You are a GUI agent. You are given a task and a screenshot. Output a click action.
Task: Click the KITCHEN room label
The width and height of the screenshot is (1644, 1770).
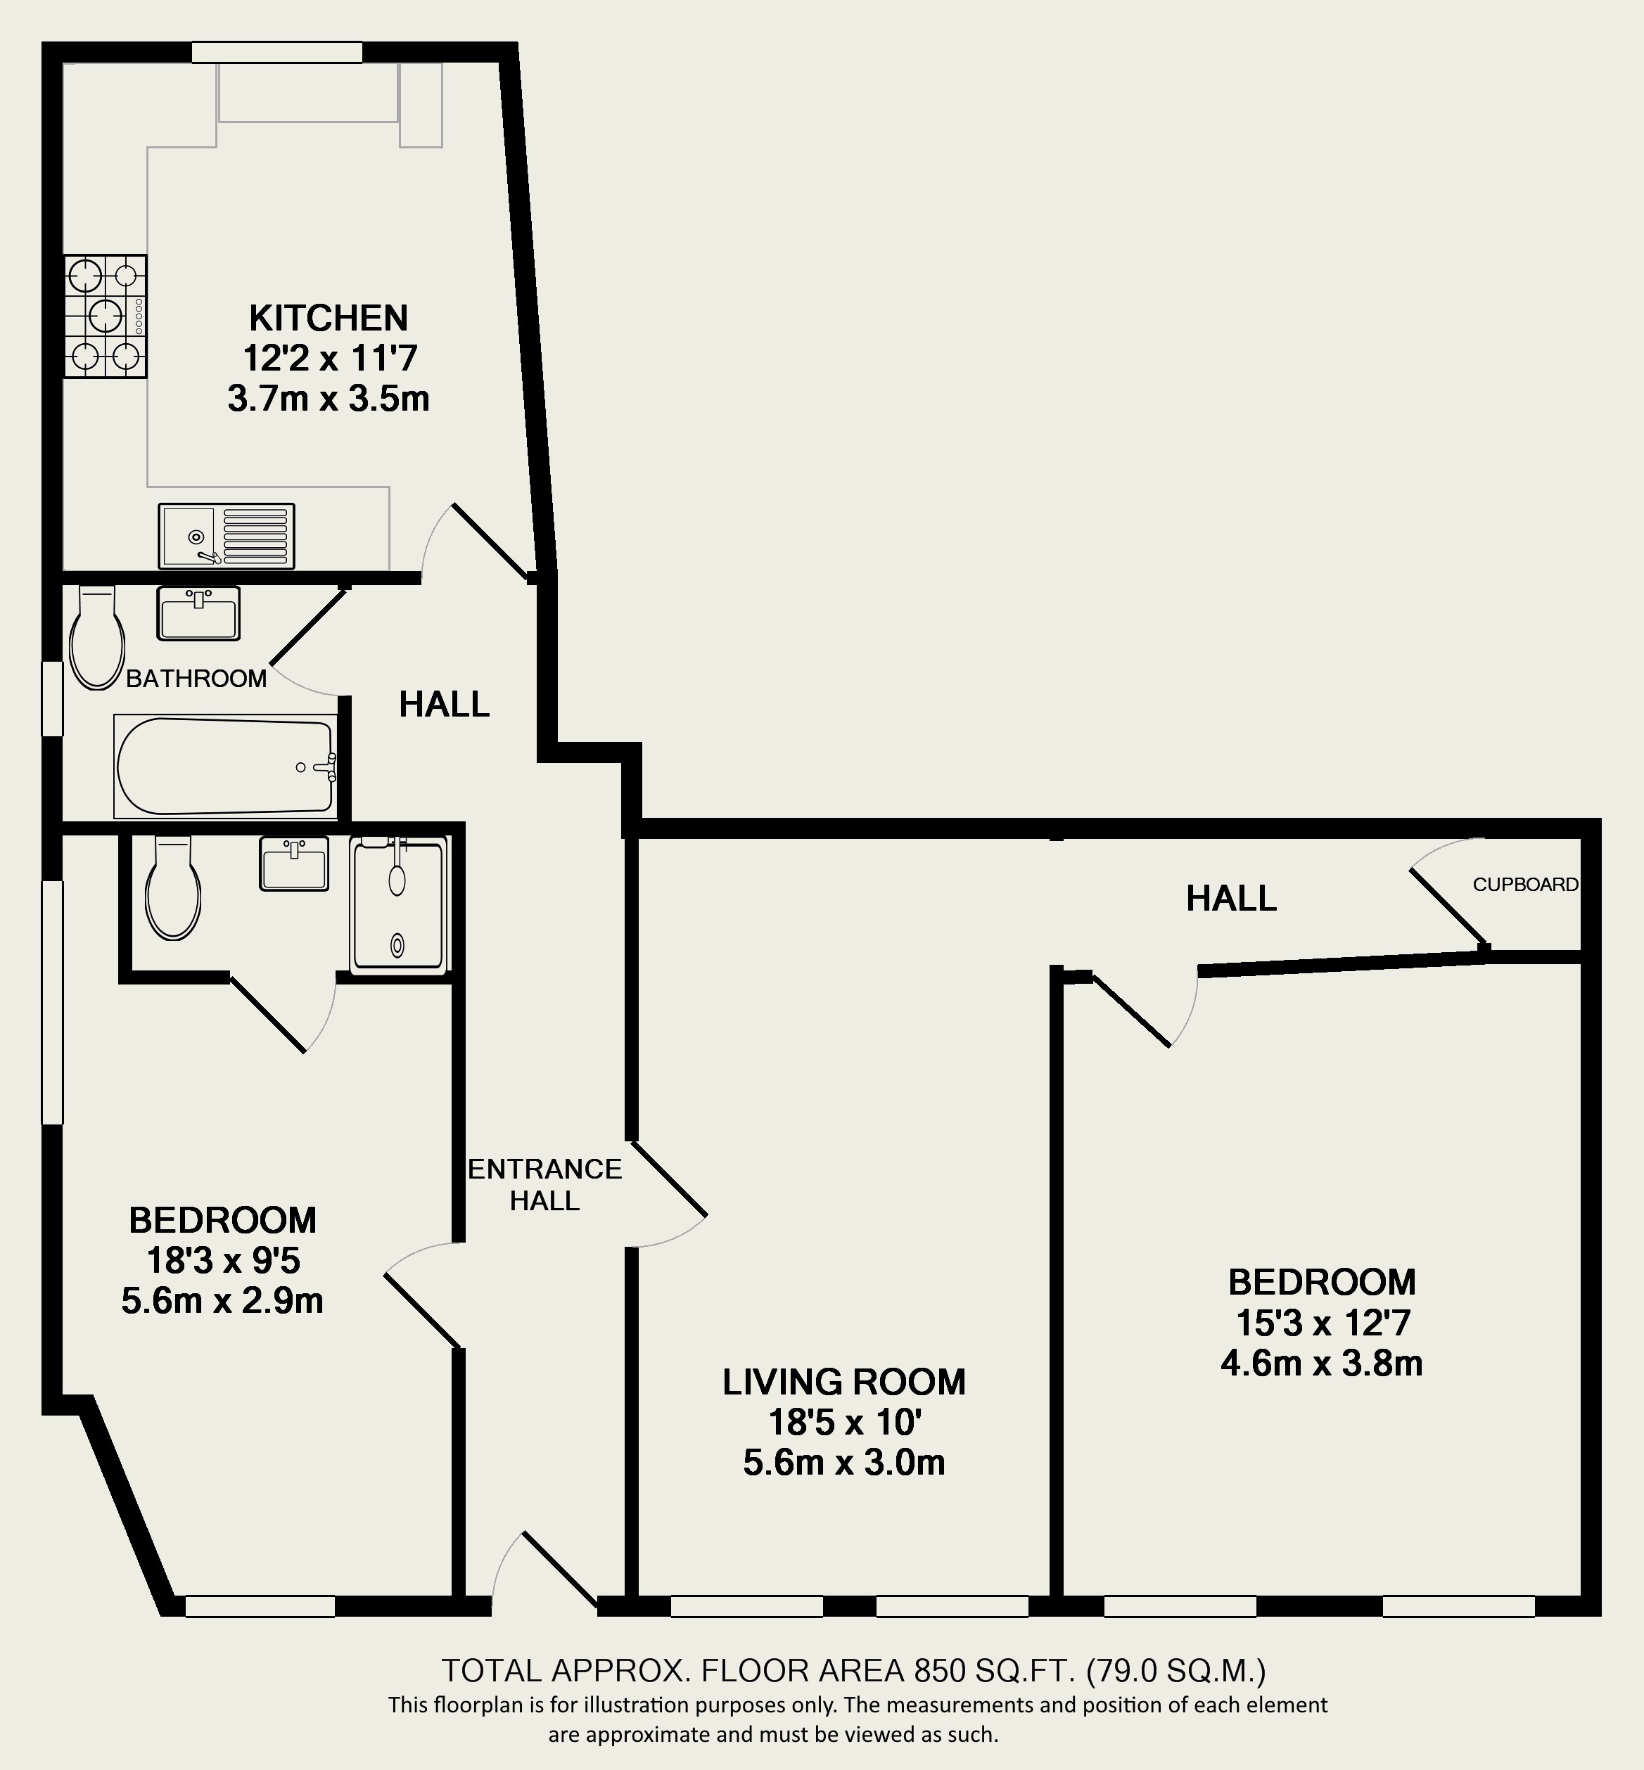point(329,318)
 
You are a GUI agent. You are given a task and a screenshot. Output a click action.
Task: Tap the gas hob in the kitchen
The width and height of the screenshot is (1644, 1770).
point(105,316)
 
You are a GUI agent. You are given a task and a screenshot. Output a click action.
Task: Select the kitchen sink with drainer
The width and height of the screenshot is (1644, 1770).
point(226,535)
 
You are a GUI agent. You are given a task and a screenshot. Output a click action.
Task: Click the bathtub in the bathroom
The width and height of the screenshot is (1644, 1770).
point(225,767)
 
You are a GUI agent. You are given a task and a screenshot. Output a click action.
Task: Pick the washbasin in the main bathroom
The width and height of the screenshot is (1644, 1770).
point(198,613)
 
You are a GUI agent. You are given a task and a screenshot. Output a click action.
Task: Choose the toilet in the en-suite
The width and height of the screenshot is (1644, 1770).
point(172,887)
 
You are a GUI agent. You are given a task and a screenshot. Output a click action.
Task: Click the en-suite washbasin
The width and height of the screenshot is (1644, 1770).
point(293,863)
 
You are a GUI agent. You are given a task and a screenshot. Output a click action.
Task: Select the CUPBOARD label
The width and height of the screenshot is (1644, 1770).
point(1526,884)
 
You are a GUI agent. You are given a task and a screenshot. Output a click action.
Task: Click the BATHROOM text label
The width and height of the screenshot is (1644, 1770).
point(196,679)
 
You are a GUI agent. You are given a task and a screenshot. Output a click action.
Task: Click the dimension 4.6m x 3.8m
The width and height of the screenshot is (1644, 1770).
point(1322,1364)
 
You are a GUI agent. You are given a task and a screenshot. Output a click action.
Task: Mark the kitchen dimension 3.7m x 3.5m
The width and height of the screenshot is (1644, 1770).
point(329,399)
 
